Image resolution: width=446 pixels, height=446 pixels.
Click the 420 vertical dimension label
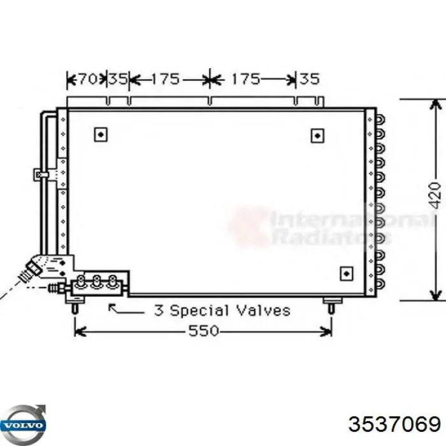pyautogui.click(x=435, y=196)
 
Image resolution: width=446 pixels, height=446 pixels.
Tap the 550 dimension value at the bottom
pyautogui.click(x=204, y=331)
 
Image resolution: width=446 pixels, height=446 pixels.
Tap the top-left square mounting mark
pyautogui.click(x=100, y=134)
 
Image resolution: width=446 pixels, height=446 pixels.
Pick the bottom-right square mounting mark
pyautogui.click(x=346, y=272)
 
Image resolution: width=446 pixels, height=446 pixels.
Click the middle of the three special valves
pyautogui.click(x=97, y=282)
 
